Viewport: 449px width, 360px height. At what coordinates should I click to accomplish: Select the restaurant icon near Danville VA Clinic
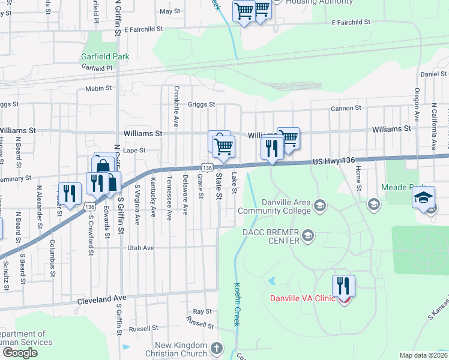point(343,286)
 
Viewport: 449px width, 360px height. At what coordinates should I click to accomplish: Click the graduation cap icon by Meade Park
point(423,197)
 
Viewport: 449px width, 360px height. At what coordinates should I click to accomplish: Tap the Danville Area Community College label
point(274,206)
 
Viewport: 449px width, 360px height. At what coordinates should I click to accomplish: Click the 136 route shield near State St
point(206,168)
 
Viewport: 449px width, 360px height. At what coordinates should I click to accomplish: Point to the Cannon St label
point(346,109)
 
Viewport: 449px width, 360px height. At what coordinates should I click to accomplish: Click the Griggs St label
point(201,104)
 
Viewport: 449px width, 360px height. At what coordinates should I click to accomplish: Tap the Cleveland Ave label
point(102,298)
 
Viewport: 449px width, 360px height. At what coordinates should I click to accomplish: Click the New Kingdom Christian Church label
point(181,349)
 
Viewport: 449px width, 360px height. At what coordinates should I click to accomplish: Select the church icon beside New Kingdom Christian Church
point(217,348)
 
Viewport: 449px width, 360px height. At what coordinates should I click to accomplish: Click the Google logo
point(20,353)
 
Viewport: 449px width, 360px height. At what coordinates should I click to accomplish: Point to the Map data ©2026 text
point(423,355)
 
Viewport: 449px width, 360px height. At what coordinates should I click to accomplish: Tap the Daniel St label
point(433,74)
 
